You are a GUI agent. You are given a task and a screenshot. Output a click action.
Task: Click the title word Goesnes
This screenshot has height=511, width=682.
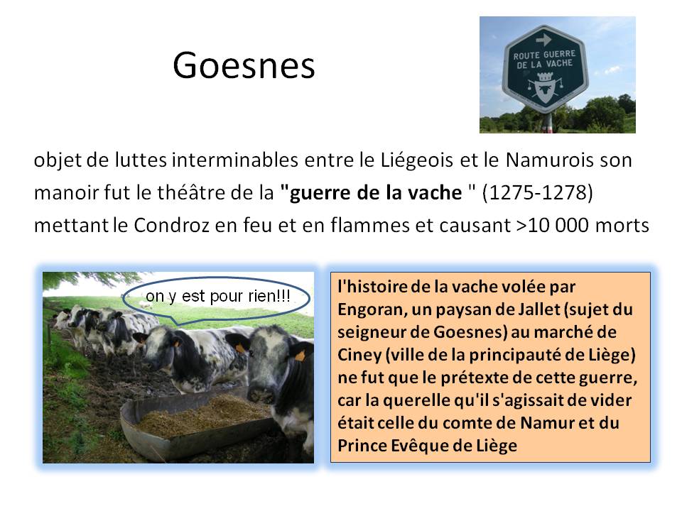coord(244,65)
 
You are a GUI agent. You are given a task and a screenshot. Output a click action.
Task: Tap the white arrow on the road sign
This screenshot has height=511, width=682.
coord(543,40)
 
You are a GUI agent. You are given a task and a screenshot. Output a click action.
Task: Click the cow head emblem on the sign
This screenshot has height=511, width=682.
coord(544,92)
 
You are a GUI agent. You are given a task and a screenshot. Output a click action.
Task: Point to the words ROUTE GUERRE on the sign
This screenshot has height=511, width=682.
coord(544,55)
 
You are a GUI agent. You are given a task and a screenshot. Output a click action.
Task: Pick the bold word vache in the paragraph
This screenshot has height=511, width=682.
coord(437,192)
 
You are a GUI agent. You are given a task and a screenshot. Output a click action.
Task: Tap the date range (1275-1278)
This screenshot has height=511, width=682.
coord(538,192)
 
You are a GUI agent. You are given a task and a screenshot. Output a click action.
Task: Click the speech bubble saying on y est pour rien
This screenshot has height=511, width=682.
coord(217,300)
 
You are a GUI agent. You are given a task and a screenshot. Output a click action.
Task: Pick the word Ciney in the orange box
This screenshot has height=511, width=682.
coord(359,356)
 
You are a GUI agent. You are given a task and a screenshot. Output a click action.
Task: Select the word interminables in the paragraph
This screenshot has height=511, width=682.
coord(235,160)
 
